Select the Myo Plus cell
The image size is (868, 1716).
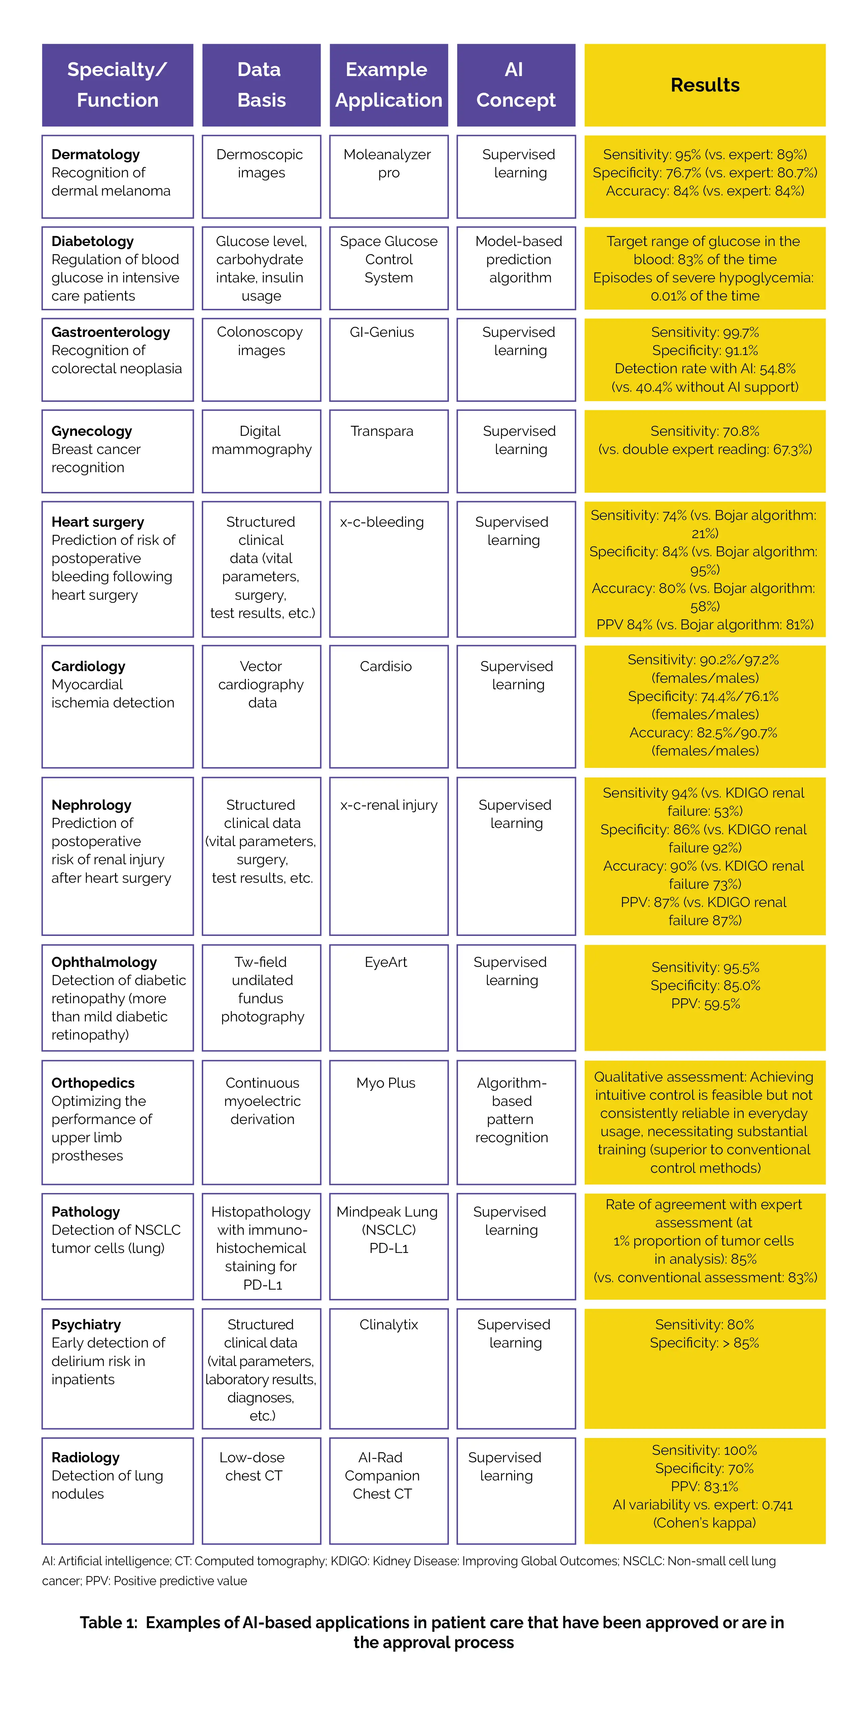(x=386, y=1083)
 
